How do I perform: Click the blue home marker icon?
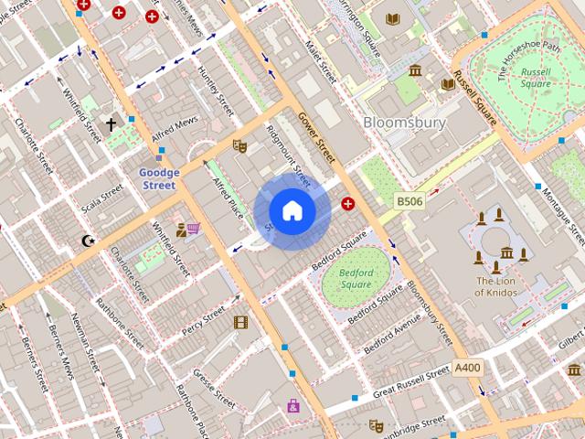pyautogui.click(x=292, y=211)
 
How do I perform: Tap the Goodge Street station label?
pyautogui.click(x=157, y=178)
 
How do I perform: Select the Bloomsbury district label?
pyautogui.click(x=404, y=122)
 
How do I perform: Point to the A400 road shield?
pyautogui.click(x=467, y=368)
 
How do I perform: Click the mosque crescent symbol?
pyautogui.click(x=88, y=241)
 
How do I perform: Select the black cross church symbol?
pyautogui.click(x=112, y=124)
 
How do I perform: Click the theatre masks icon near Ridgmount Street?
pyautogui.click(x=240, y=145)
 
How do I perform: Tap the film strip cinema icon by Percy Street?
pyautogui.click(x=240, y=322)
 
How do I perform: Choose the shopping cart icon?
pyautogui.click(x=193, y=229)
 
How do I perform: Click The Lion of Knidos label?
pyautogui.click(x=496, y=286)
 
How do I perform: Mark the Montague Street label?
pyautogui.click(x=562, y=212)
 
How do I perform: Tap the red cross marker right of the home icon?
pyautogui.click(x=347, y=203)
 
